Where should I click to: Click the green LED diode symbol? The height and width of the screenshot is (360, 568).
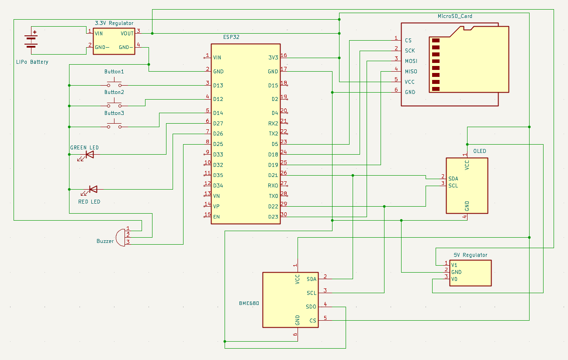point(89,155)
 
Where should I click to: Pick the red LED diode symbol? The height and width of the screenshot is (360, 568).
point(93,189)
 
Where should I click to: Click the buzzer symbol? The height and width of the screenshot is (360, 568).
point(120,236)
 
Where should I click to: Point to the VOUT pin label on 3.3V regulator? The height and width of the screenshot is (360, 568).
point(127,33)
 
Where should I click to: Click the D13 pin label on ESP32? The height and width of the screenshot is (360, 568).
point(218,86)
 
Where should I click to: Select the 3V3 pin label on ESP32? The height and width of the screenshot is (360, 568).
point(273,58)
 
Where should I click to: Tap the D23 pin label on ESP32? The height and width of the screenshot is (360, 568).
point(273,217)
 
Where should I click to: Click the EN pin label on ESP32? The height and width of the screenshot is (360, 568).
point(216,217)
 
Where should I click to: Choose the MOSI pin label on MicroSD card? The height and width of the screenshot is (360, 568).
point(411,61)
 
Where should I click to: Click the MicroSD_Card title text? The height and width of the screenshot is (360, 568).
point(455,16)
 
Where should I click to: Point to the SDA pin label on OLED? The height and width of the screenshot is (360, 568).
point(453,179)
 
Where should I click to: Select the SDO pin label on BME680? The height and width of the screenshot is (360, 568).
point(311,307)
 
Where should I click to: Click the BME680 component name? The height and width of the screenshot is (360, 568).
point(249,303)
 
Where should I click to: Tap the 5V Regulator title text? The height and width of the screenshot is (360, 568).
point(470,255)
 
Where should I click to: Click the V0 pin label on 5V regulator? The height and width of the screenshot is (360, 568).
point(454,279)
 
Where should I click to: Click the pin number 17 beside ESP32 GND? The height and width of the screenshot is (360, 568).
point(284,69)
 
